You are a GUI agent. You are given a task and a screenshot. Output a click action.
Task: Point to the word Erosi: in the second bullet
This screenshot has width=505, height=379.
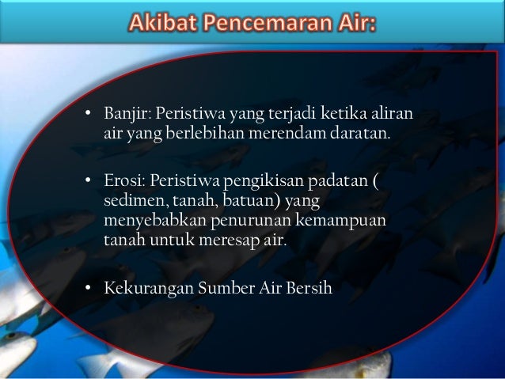pyautogui.click(x=123, y=183)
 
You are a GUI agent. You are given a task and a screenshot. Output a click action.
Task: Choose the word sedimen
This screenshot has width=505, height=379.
pyautogui.click(x=131, y=202)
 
